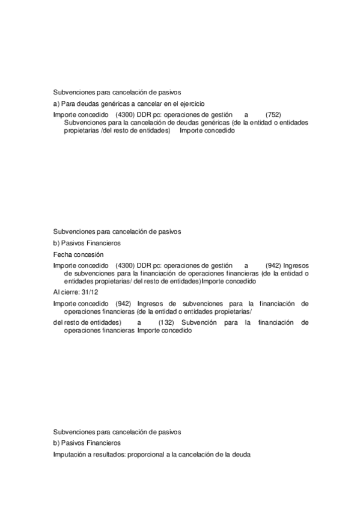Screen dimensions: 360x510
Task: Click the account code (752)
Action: pos(273,114)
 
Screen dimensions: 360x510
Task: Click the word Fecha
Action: pos(62,254)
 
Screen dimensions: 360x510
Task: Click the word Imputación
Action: pos(70,455)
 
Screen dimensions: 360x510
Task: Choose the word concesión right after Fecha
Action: pos(87,254)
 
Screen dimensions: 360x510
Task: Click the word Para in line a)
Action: pos(69,104)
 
